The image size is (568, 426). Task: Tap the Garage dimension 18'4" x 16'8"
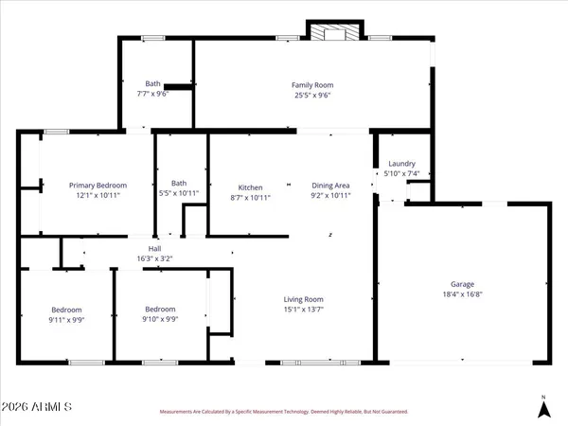coord(462,295)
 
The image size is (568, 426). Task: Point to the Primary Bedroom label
coord(98,186)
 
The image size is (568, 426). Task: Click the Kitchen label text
coord(250,186)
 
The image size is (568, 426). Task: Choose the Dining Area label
coord(330,186)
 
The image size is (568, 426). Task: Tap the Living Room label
coord(304,299)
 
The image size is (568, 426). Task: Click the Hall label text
coord(154,248)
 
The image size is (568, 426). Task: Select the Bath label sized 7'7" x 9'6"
coord(152,83)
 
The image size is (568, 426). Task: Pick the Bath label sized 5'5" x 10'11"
coord(179,183)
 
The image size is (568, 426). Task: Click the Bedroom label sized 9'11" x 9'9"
coord(66,310)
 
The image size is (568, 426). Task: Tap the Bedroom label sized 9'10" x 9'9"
coord(160,310)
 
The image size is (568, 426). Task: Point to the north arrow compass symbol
coord(543,408)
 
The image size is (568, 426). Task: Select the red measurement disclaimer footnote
coord(283,412)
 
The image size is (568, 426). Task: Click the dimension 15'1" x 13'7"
coord(304,310)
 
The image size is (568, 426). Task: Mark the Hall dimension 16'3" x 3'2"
coord(154,258)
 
